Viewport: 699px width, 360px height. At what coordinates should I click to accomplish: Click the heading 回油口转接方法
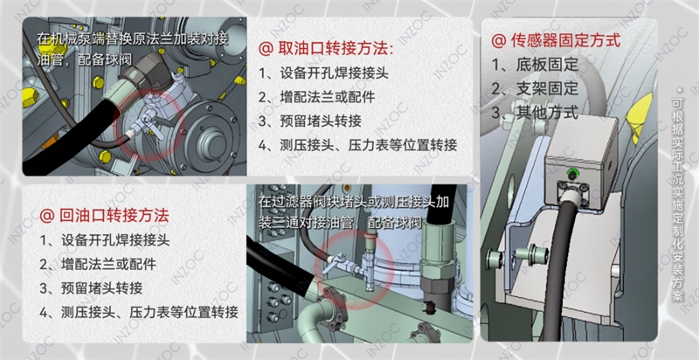tap(113, 214)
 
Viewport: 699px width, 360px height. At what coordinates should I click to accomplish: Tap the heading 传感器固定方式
tap(564, 40)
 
